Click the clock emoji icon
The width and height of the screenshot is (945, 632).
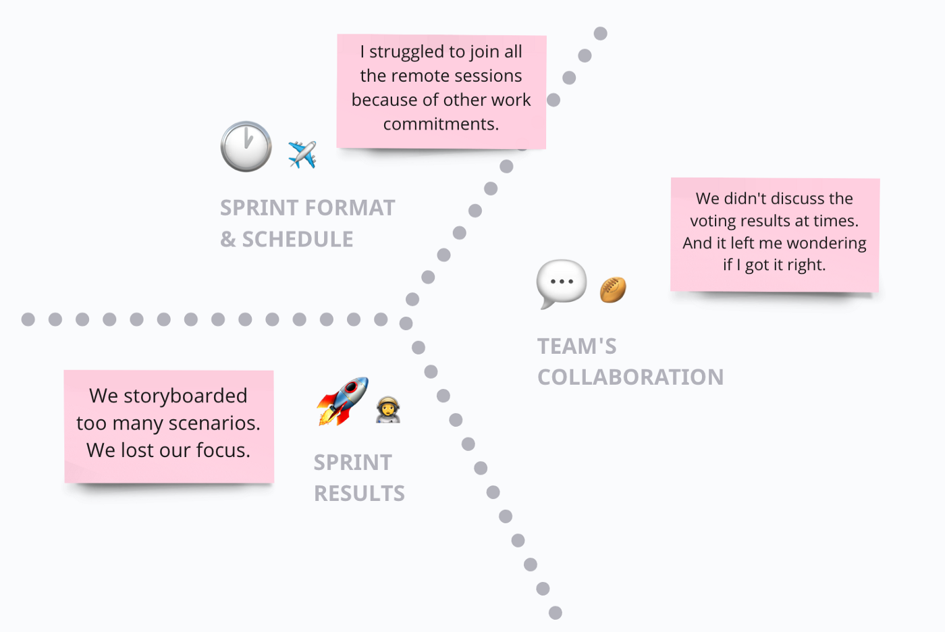pyautogui.click(x=246, y=147)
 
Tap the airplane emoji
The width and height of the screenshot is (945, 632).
pyautogui.click(x=302, y=155)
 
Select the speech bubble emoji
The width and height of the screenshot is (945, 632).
pyautogui.click(x=561, y=283)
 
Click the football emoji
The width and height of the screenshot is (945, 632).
pyautogui.click(x=613, y=290)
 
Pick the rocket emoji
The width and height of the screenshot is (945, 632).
pyautogui.click(x=343, y=401)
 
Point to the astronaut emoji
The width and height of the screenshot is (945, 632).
pyautogui.click(x=388, y=411)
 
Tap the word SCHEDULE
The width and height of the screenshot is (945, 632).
pyautogui.click(x=298, y=240)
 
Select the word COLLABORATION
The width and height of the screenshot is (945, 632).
pyautogui.click(x=630, y=377)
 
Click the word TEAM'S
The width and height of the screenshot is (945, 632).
pyautogui.click(x=577, y=346)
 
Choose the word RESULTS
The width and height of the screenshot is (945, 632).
pyautogui.click(x=359, y=494)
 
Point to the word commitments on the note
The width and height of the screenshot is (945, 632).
pyautogui.click(x=441, y=124)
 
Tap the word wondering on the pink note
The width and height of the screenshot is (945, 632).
pyautogui.click(x=826, y=243)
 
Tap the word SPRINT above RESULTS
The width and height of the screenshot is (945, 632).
pyautogui.click(x=352, y=463)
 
